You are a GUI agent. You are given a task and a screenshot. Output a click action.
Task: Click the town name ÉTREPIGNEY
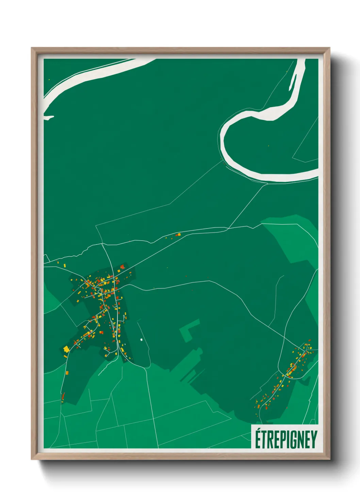286,440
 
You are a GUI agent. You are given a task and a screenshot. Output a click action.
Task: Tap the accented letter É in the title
258,439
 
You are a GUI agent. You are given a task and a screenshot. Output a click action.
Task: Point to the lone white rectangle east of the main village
141,340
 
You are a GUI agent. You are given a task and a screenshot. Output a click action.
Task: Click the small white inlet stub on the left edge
49,118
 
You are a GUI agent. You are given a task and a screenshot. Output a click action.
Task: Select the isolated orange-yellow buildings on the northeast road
178,235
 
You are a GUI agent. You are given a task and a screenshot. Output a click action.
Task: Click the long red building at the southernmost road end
63,396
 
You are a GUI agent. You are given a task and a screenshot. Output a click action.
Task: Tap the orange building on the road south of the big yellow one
67,372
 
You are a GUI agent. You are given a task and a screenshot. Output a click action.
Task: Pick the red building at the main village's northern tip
122,267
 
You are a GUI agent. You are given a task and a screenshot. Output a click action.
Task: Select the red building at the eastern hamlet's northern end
309,341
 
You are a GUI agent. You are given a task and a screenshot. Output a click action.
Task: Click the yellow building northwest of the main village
65,265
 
